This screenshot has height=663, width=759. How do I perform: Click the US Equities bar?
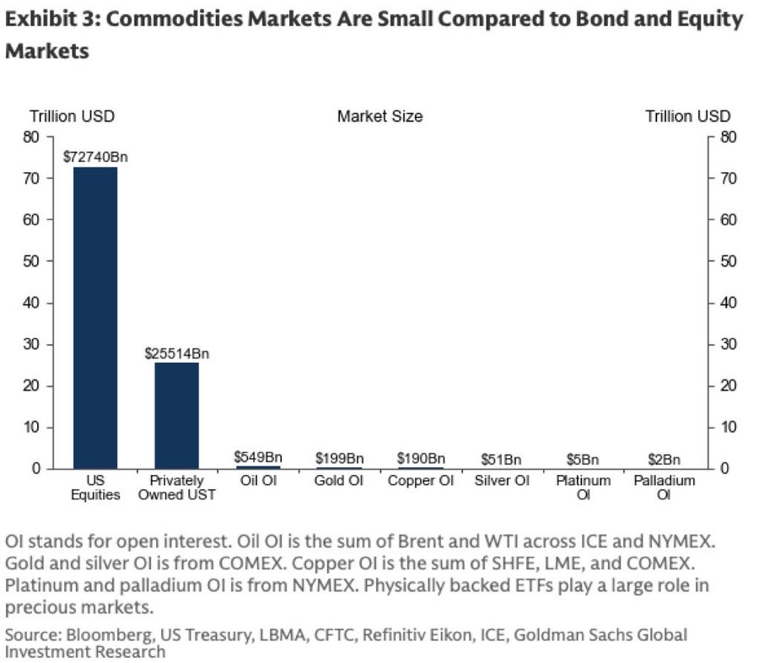click(x=95, y=317)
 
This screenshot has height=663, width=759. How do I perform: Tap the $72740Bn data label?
click(x=95, y=157)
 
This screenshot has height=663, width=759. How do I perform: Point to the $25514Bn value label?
click(x=176, y=353)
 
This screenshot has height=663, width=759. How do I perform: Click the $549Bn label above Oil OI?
click(x=258, y=457)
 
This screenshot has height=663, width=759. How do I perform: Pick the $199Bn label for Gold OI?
click(x=339, y=458)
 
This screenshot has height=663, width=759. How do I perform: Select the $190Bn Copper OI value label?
click(x=421, y=458)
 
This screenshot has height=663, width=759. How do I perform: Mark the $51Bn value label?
click(x=502, y=459)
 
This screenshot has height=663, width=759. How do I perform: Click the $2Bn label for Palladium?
click(x=665, y=459)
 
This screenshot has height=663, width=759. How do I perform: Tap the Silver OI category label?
click(x=502, y=481)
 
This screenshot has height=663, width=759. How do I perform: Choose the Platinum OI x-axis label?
click(x=583, y=487)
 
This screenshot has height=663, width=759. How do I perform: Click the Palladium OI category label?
click(x=665, y=487)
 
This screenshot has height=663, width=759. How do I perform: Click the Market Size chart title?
click(x=379, y=116)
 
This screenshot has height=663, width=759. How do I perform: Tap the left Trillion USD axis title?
click(x=73, y=116)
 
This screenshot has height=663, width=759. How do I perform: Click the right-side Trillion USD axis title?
click(x=687, y=116)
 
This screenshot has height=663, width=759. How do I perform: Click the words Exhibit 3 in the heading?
click(x=49, y=20)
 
